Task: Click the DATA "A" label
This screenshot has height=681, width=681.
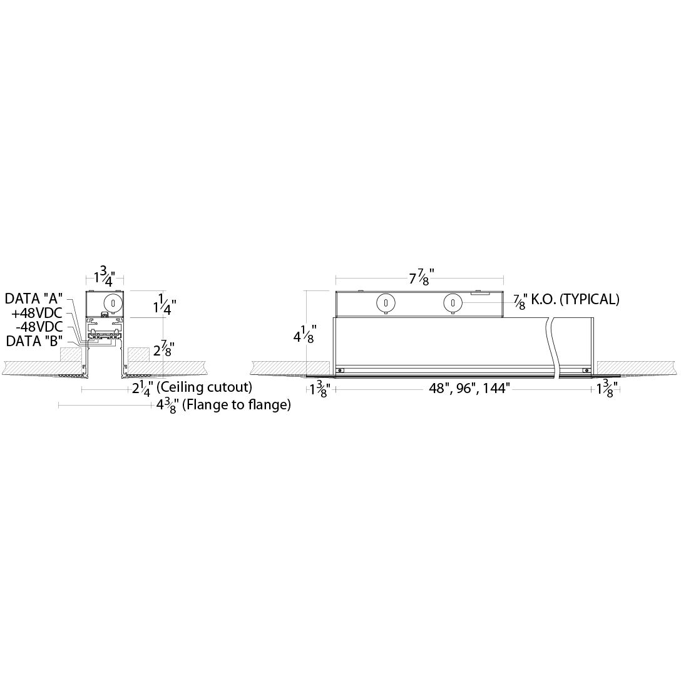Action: click(34, 299)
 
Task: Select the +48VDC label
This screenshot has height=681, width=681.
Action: click(37, 312)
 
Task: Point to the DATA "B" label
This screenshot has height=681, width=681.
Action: click(34, 341)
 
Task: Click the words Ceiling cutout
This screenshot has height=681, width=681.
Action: click(215, 387)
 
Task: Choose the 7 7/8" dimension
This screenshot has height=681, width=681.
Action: click(421, 277)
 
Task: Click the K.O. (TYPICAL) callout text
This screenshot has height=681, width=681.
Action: click(575, 299)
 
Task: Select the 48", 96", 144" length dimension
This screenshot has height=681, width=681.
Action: click(469, 389)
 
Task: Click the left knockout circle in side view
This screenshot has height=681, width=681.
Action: click(386, 304)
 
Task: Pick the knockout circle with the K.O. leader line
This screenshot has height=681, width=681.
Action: click(453, 304)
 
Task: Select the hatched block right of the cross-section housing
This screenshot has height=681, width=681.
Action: click(139, 354)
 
